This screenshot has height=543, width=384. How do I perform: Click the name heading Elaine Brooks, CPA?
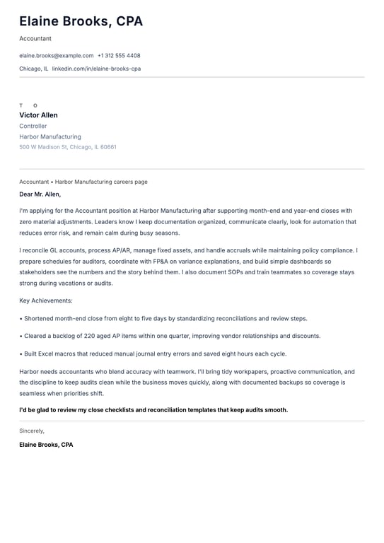click(81, 22)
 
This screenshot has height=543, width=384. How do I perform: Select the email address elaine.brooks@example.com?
click(57, 55)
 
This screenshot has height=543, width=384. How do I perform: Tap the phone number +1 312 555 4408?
click(119, 55)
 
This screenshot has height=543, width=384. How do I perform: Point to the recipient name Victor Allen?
click(39, 115)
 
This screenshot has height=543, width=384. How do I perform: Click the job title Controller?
click(33, 126)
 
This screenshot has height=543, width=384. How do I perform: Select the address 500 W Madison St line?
click(68, 147)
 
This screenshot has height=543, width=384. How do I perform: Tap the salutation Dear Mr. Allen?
click(40, 194)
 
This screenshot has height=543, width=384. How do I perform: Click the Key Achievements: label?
click(46, 300)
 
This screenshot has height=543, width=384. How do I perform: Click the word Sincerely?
click(32, 431)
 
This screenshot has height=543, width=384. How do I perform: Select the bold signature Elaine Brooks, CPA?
click(46, 445)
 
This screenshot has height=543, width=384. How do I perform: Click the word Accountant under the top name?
click(35, 39)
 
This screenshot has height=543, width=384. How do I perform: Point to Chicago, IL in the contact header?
click(34, 69)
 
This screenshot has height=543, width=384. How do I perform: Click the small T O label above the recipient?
click(28, 105)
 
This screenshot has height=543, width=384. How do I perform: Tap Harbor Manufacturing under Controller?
click(50, 136)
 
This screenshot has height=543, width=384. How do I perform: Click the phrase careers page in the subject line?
click(131, 182)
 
